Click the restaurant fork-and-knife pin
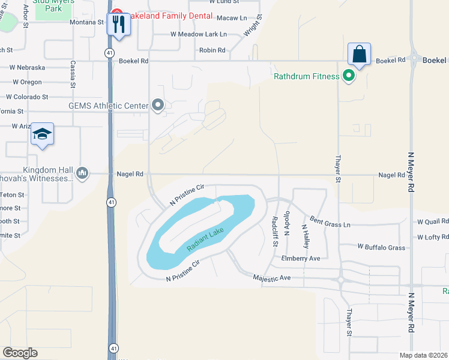click(118, 25)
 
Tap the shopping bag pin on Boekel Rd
click(359, 55)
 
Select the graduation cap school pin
click(43, 134)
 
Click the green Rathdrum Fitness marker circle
click(348, 76)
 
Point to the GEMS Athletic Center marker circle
click(158, 106)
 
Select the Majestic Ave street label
click(271, 278)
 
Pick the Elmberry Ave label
click(301, 258)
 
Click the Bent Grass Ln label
click(330, 223)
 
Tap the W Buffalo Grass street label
click(381, 247)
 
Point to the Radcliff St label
click(275, 231)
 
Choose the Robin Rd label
click(212, 50)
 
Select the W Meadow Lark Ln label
click(198, 34)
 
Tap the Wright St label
click(250, 27)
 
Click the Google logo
click(20, 353)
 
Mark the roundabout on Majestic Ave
click(340, 280)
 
